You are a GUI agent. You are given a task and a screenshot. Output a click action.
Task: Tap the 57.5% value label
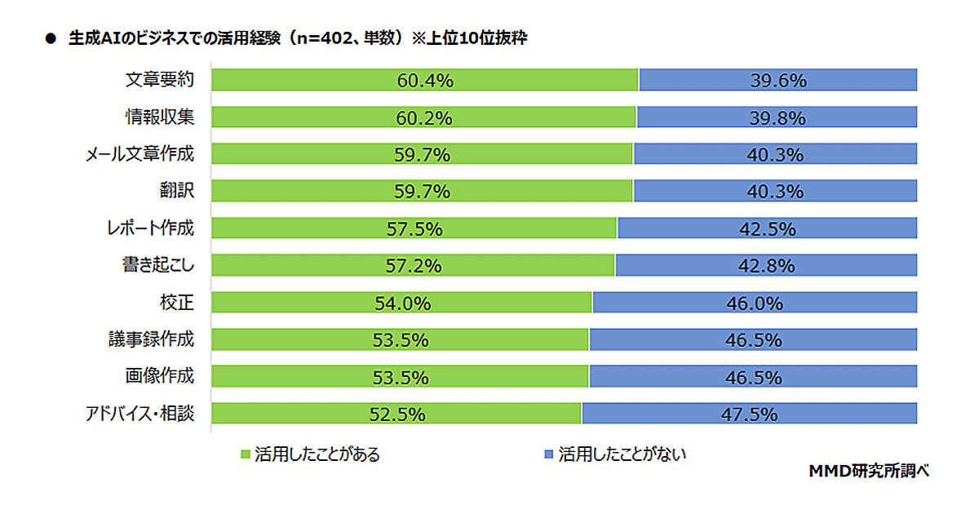(x=414, y=229)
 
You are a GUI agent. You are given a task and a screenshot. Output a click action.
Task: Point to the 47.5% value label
(x=748, y=414)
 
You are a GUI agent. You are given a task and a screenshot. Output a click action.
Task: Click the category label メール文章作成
(x=140, y=154)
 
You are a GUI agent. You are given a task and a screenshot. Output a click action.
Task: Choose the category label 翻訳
(x=177, y=191)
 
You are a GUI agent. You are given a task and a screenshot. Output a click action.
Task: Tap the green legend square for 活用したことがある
(x=244, y=454)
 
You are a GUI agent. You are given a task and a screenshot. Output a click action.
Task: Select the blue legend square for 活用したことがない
(x=548, y=454)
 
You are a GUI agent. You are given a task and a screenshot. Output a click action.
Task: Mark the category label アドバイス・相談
(x=140, y=413)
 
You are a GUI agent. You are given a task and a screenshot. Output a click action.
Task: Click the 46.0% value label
(x=755, y=304)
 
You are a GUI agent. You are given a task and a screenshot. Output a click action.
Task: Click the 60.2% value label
(x=424, y=118)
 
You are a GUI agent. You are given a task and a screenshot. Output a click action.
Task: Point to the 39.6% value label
(x=778, y=81)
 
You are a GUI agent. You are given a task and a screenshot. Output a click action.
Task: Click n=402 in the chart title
(x=334, y=38)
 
